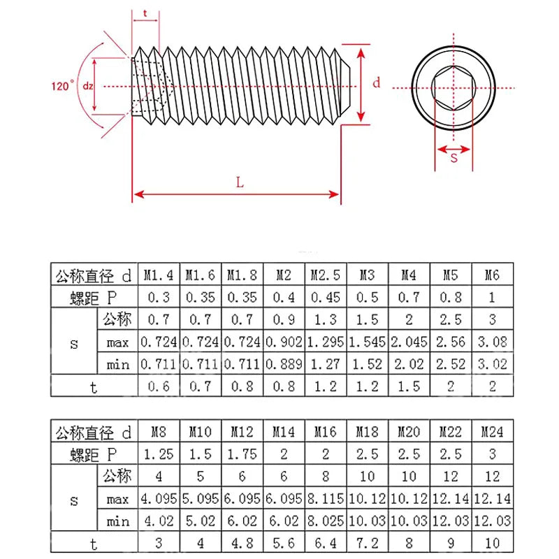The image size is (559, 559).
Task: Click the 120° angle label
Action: tap(62, 86)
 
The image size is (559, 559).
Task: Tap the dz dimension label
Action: tap(88, 86)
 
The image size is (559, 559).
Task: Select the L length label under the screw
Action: tap(240, 182)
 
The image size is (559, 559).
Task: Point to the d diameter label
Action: tap(376, 82)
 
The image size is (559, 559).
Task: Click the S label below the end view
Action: tap(453, 158)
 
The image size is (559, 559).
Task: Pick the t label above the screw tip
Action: tap(145, 13)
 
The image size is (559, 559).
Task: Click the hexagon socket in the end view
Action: tap(453, 87)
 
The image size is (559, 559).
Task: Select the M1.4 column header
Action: tap(159, 275)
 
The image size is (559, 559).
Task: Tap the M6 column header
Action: tap(492, 275)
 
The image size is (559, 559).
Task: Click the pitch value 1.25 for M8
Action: tap(159, 454)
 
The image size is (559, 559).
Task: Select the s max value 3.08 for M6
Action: tap(492, 342)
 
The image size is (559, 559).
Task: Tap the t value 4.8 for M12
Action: tap(242, 543)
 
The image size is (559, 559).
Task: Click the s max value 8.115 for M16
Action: tap(326, 499)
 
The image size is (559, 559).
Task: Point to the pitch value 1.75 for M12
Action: tap(242, 454)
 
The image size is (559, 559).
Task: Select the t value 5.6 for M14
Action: tap(284, 543)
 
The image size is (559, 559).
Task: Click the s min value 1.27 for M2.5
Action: tap(326, 363)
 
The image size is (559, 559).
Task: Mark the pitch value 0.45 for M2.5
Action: tap(326, 297)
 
